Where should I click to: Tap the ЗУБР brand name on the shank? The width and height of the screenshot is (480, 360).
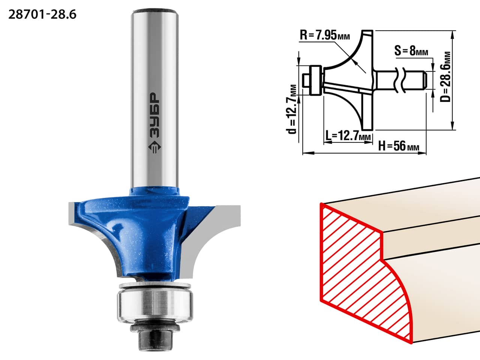coord(154,115)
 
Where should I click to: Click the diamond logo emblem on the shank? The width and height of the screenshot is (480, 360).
coord(154,147)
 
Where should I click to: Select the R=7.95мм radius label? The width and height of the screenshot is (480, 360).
coord(325,35)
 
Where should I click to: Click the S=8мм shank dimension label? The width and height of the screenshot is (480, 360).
coord(411,51)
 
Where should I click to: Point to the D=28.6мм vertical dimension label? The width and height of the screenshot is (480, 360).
coord(445,77)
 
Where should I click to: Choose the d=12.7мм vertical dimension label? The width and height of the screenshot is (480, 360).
coord(291,109)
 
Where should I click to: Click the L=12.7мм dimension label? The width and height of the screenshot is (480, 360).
coord(348,136)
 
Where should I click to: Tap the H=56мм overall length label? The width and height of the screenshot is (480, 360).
coord(399,146)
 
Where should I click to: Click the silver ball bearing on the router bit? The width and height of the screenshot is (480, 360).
coord(155,305)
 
